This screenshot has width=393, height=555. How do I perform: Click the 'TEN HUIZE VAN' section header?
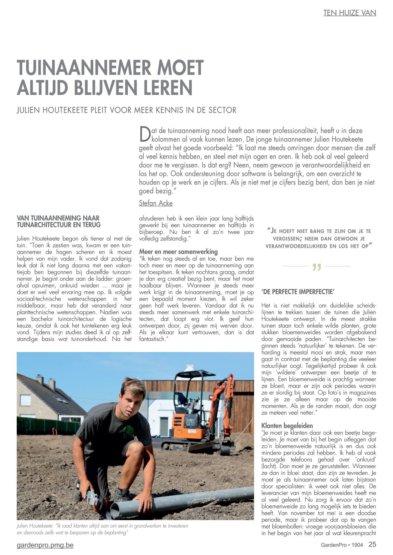pyautogui.click(x=349, y=13)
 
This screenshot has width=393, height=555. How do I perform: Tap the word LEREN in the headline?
pyautogui.click(x=171, y=88)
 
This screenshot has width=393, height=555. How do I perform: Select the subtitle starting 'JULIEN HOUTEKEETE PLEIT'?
pyautogui.click(x=126, y=110)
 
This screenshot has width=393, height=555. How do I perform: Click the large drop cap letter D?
pyautogui.click(x=144, y=134)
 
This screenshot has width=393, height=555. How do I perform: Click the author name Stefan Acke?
pyautogui.click(x=156, y=203)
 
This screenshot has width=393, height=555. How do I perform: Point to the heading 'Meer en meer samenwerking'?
pyautogui.click(x=178, y=252)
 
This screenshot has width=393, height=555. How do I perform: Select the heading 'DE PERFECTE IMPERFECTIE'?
pyautogui.click(x=298, y=292)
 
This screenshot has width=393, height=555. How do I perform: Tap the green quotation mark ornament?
pyautogui.click(x=316, y=267)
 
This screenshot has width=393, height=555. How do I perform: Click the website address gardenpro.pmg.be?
pyautogui.click(x=45, y=545)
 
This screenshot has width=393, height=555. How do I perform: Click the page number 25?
pyautogui.click(x=372, y=545)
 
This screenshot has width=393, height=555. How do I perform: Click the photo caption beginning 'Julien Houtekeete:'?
pyautogui.click(x=102, y=529)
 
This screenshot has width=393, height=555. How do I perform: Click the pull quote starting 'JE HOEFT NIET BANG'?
pyautogui.click(x=319, y=238)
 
